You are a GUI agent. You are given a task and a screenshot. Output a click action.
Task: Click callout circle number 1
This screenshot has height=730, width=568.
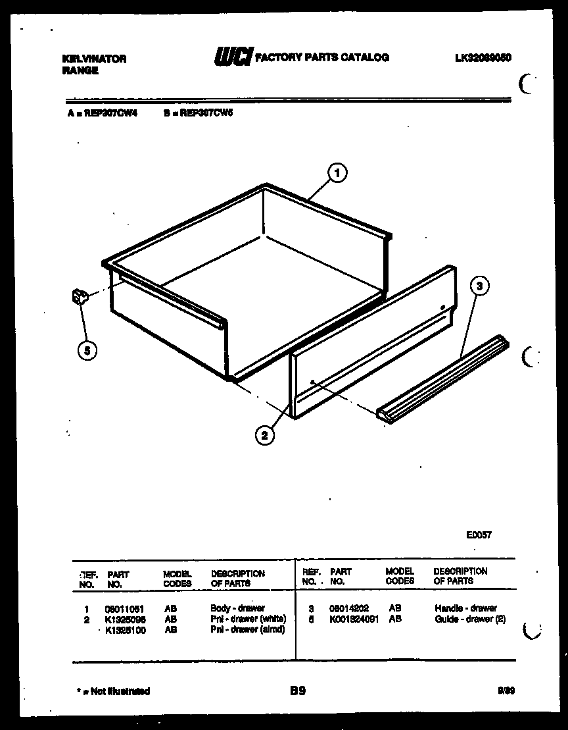click(x=337, y=174)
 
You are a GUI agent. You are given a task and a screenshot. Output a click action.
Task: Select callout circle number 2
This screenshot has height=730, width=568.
click(x=264, y=435)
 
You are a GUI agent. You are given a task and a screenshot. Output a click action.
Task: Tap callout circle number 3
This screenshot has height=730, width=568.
click(x=480, y=286)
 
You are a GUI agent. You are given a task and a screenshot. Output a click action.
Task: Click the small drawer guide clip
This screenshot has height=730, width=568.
click(x=80, y=297)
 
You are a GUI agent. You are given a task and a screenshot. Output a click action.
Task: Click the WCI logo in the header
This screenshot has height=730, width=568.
click(x=232, y=59)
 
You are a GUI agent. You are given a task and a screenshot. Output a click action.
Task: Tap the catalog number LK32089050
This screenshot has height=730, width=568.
click(x=483, y=58)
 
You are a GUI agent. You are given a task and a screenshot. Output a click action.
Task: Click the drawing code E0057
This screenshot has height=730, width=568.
click(x=479, y=535)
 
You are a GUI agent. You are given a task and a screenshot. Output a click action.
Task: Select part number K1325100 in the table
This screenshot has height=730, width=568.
click(x=126, y=630)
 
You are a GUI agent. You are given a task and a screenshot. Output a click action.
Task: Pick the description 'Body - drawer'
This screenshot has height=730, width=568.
click(x=237, y=609)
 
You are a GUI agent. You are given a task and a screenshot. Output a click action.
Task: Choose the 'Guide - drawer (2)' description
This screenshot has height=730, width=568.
click(x=469, y=619)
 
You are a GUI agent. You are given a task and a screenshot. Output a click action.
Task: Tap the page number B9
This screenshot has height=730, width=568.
click(x=297, y=691)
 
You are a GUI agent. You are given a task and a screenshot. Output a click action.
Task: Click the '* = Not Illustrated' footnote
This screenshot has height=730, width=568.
click(x=113, y=691)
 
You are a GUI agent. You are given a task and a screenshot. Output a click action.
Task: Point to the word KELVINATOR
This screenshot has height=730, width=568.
click(x=93, y=59)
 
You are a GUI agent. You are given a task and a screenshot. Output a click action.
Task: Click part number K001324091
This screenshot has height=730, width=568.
click(x=354, y=619)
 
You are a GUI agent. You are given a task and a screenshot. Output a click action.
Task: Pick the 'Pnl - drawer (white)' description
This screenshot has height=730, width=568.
click(x=248, y=619)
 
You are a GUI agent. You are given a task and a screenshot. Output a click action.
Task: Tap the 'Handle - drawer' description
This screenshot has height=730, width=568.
click(x=465, y=609)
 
